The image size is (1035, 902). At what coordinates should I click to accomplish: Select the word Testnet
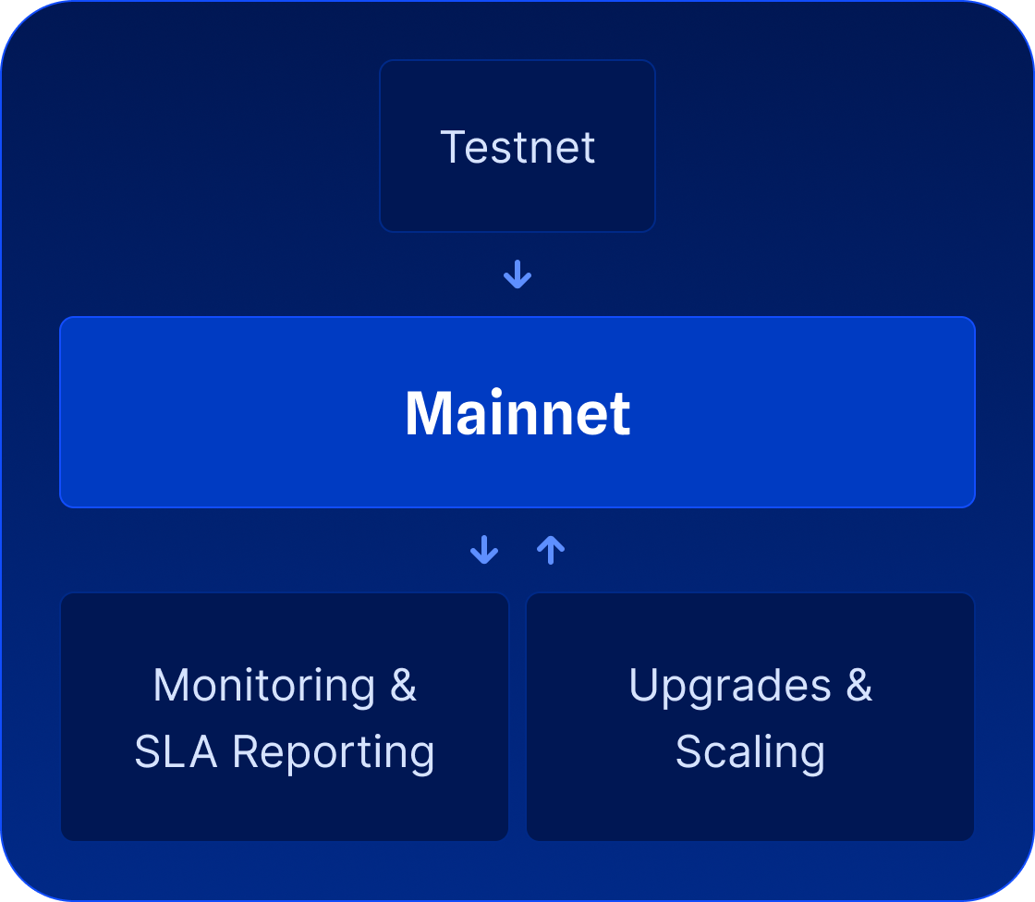(517, 147)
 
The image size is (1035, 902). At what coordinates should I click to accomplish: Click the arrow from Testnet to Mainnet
(517, 274)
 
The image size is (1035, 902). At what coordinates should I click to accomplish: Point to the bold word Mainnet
(517, 413)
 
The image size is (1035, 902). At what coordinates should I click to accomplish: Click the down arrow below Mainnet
(484, 551)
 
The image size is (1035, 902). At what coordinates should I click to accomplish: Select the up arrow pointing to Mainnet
(551, 551)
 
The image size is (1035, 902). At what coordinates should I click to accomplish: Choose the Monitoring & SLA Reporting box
(285, 804)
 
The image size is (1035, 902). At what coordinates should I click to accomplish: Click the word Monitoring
(263, 686)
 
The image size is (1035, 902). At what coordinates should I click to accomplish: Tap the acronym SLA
(177, 752)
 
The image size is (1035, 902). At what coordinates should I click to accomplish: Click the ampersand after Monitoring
(404, 686)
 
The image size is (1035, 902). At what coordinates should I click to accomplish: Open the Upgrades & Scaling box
(750, 804)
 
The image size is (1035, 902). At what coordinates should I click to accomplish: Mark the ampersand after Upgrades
(858, 686)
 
